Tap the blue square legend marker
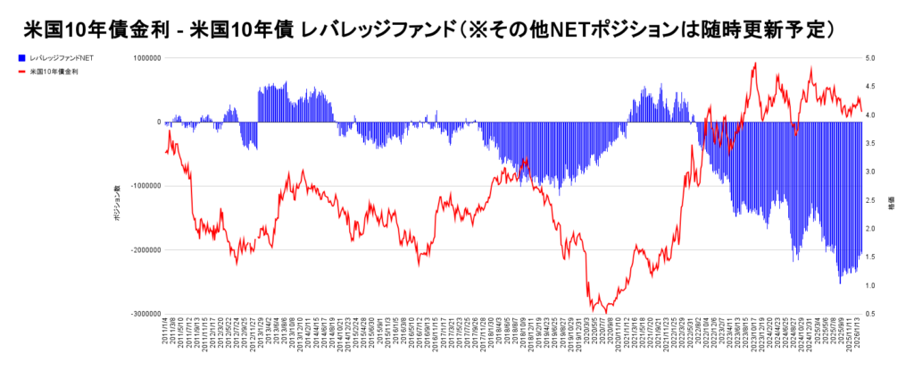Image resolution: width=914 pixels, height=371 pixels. pyautogui.click(x=21, y=57)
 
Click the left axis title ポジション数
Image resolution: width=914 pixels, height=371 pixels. pyautogui.click(x=116, y=205)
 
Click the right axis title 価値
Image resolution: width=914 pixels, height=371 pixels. pyautogui.click(x=891, y=205)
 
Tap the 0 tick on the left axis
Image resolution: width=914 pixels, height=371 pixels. pyautogui.click(x=158, y=122)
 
